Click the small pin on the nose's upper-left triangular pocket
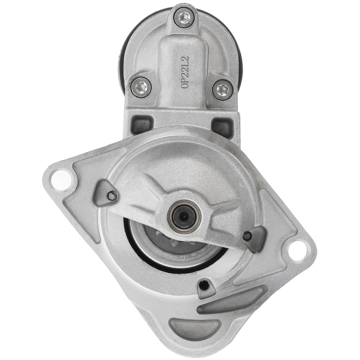point(112,195)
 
